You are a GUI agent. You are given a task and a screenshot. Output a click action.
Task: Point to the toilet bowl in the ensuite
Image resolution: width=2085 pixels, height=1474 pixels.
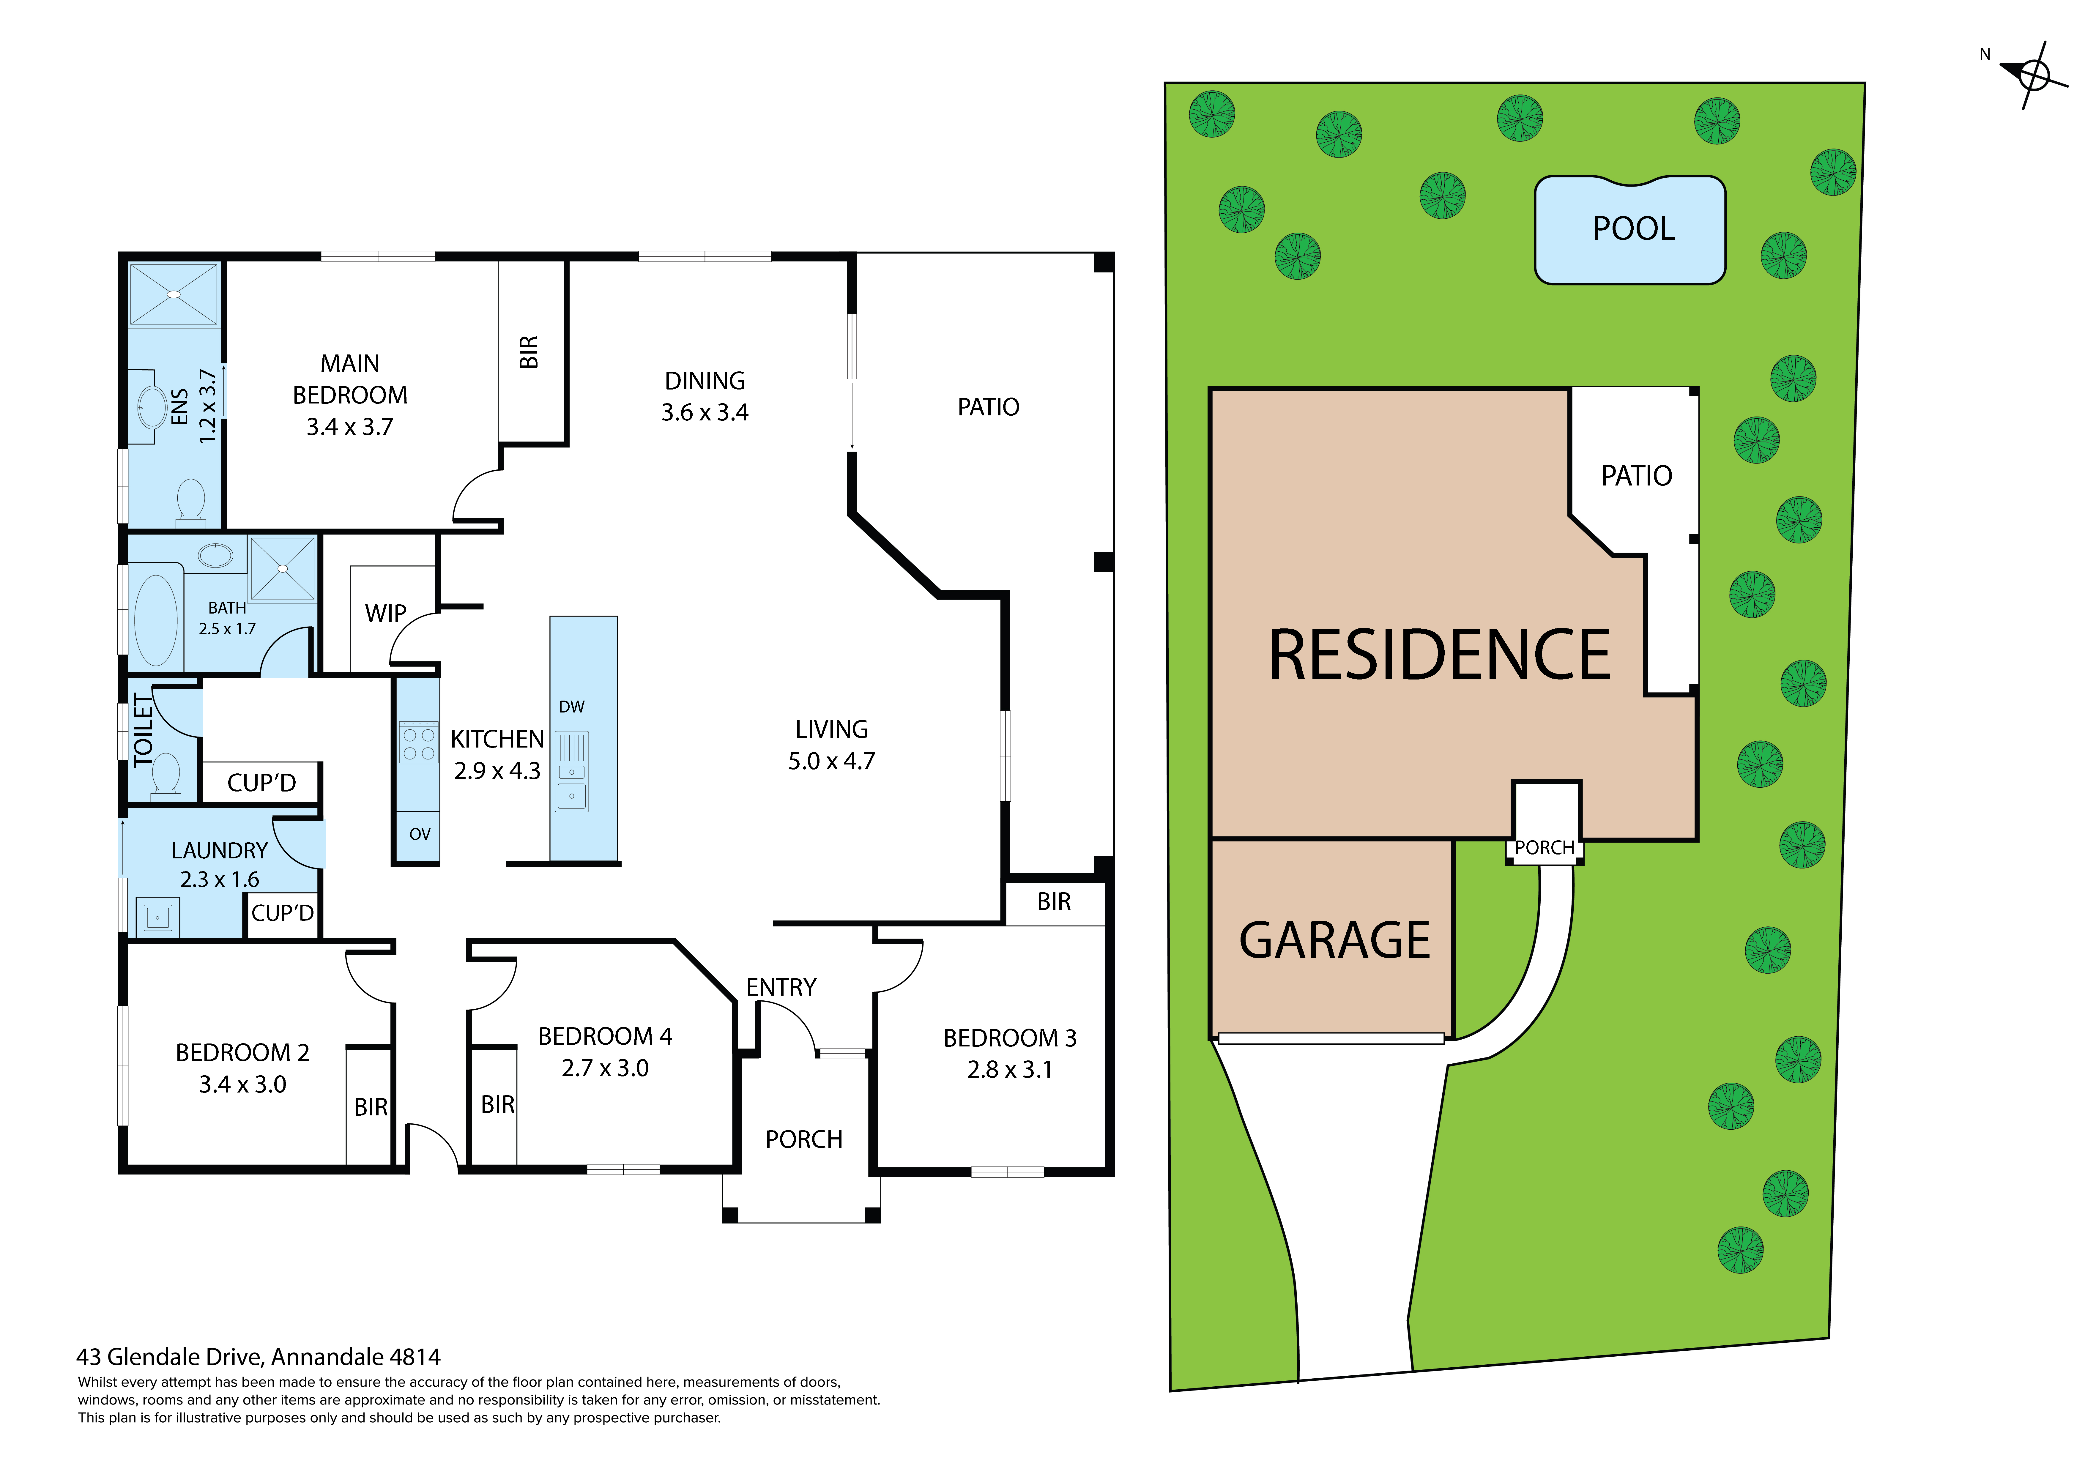click(x=191, y=499)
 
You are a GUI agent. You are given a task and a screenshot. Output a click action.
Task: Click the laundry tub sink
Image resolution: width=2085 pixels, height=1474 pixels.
click(x=157, y=917)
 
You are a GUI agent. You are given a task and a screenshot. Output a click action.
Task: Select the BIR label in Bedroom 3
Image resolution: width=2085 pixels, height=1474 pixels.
click(x=1053, y=902)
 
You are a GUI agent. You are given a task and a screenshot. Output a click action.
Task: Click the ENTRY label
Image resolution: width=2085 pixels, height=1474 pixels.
click(x=781, y=987)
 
